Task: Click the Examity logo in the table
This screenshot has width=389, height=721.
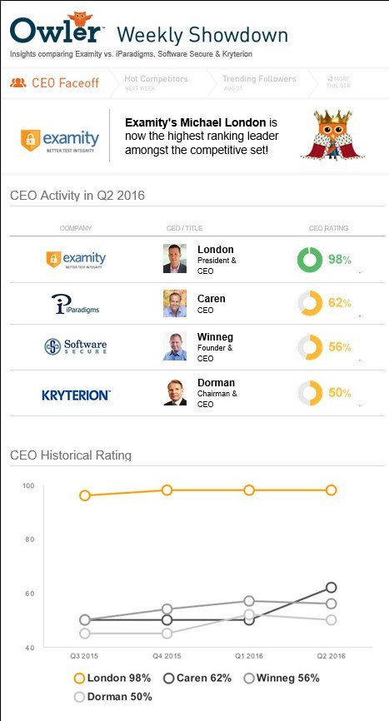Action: pos(76,260)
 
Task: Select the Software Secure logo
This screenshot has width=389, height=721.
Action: pos(76,346)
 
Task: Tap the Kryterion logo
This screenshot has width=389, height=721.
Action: pos(76,393)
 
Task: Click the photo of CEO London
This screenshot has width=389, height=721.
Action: pos(175,259)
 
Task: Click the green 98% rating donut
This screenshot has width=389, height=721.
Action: pos(310,259)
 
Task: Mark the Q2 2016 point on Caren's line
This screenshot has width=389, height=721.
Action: pos(331,588)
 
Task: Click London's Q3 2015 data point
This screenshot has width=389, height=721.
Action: pos(84,495)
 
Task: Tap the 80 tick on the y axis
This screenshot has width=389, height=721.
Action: pos(28,540)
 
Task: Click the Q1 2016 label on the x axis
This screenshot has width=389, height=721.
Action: pos(248,657)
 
